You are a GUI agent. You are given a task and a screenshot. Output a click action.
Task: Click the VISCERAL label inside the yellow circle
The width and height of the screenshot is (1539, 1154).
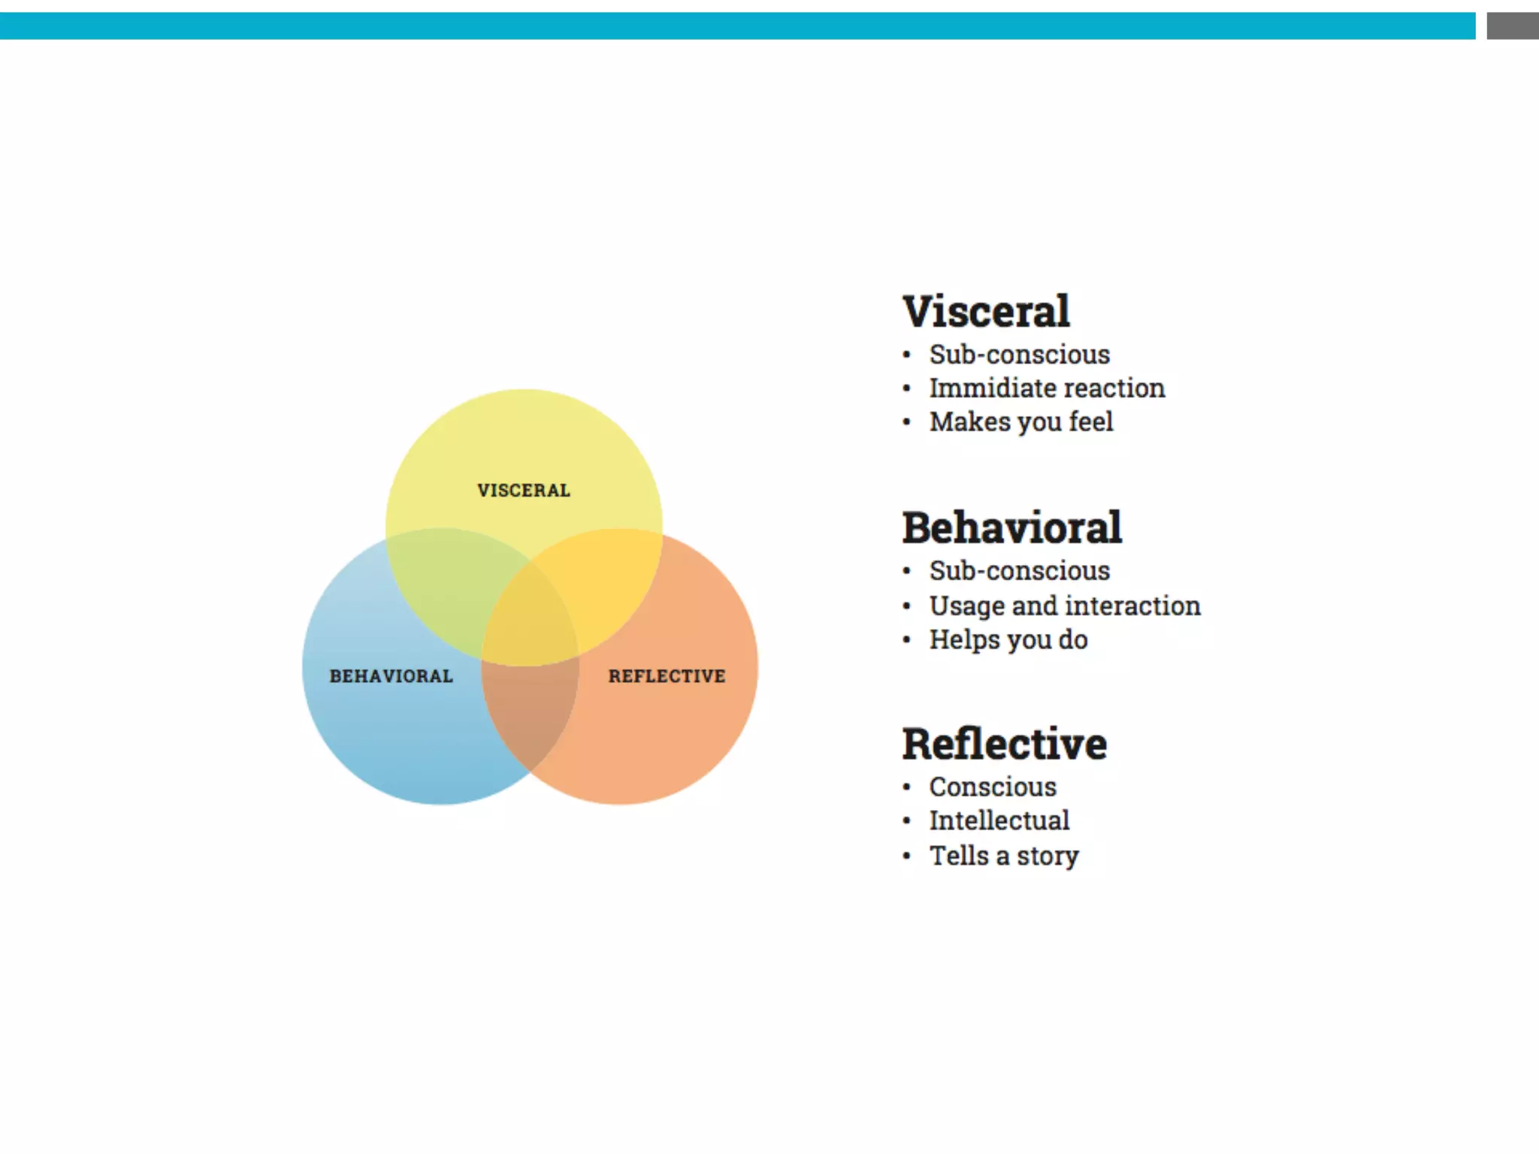pos(524,491)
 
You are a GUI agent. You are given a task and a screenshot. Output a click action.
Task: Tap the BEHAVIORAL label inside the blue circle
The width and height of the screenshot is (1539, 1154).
pos(391,676)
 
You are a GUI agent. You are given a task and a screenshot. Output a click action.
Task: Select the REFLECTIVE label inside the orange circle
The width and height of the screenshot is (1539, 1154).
pos(667,676)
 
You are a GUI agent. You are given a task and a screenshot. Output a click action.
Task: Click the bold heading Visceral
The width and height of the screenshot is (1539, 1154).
pos(986,312)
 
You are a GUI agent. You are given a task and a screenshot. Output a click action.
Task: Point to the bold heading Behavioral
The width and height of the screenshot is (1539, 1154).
pos(1011,527)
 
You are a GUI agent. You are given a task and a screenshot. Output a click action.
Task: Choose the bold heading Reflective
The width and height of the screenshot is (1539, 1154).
pos(1004,744)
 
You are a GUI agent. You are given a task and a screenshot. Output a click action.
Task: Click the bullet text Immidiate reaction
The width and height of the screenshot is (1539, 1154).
pos(1047,388)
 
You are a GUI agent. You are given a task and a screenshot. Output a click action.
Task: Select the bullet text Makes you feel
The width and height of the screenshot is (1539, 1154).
pos(1021,422)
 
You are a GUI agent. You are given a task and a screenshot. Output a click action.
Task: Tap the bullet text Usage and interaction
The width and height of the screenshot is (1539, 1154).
pos(1065,606)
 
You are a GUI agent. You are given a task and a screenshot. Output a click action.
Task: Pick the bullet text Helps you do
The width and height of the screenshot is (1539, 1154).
pos(1008,640)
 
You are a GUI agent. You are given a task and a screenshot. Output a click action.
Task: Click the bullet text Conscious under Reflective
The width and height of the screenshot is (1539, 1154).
pos(993,787)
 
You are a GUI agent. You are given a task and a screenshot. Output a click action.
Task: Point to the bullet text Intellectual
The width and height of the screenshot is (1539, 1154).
pos(999,820)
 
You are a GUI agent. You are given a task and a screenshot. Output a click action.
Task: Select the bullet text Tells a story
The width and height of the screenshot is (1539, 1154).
pos(1004,856)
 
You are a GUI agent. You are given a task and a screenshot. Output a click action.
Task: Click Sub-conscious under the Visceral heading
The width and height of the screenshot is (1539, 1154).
pos(1020,354)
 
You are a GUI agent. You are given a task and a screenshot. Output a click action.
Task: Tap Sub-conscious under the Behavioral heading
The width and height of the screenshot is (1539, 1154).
pos(1020,571)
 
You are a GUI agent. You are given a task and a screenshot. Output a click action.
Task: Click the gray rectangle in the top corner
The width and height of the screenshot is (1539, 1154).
pos(1512,26)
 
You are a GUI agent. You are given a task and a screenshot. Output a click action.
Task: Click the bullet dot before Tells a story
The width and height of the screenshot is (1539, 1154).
pos(907,856)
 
